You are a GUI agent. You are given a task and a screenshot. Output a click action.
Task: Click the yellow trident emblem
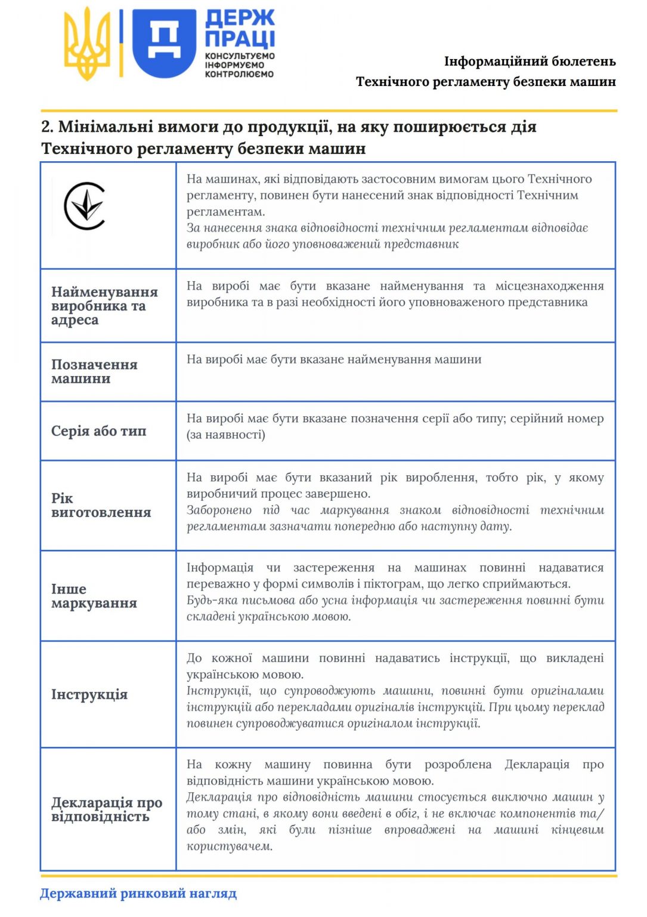pyautogui.click(x=87, y=44)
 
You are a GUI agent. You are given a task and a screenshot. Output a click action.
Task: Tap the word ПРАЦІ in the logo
pyautogui.click(x=240, y=39)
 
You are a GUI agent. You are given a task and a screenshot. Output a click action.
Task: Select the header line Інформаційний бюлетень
pyautogui.click(x=530, y=61)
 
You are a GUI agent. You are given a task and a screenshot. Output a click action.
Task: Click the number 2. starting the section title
pyautogui.click(x=48, y=127)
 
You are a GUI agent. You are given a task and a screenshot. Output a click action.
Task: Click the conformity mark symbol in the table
pyautogui.click(x=85, y=207)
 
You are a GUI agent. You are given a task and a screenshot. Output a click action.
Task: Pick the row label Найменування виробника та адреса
pyautogui.click(x=104, y=306)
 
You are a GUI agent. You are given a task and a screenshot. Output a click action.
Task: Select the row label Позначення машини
pyautogui.click(x=94, y=371)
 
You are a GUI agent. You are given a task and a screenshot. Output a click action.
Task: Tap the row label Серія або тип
pyautogui.click(x=98, y=431)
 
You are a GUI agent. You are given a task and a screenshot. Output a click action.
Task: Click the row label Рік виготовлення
pyautogui.click(x=101, y=505)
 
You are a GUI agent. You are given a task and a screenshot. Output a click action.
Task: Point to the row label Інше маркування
pyautogui.click(x=94, y=596)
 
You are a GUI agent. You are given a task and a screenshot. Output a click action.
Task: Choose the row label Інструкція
pyautogui.click(x=89, y=694)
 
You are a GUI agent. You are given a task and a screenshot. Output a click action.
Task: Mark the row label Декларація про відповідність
pyautogui.click(x=107, y=810)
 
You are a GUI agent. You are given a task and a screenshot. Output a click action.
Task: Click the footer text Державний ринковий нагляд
pyautogui.click(x=138, y=894)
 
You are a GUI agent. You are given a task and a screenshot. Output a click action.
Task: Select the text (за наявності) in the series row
pyautogui.click(x=226, y=435)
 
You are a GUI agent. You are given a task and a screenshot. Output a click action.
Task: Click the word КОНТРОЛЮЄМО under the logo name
pyautogui.click(x=239, y=75)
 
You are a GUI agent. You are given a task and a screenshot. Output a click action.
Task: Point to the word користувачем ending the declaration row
pyautogui.click(x=229, y=847)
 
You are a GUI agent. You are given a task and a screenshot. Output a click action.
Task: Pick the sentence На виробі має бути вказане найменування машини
pyautogui.click(x=334, y=359)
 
